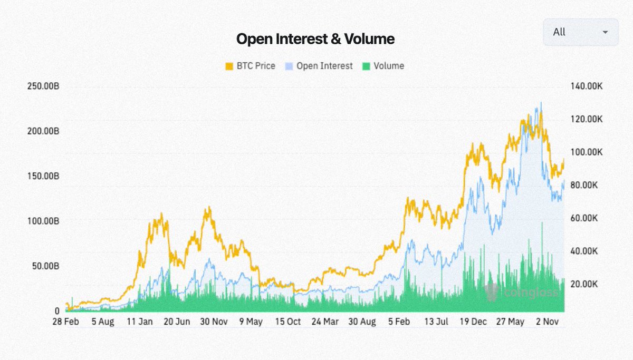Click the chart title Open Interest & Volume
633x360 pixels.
click(x=315, y=38)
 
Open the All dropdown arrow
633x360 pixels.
click(x=605, y=32)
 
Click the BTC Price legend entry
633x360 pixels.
click(x=251, y=66)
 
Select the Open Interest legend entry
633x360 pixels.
click(x=319, y=66)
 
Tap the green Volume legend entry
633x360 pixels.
click(x=383, y=66)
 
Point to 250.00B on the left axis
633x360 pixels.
click(x=43, y=86)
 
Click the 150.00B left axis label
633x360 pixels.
click(x=43, y=176)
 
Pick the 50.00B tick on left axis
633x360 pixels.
click(x=45, y=266)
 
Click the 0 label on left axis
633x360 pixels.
click(x=57, y=311)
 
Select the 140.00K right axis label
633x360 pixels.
click(x=587, y=86)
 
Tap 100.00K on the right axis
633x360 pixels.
click(x=587, y=152)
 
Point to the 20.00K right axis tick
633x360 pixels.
click(x=584, y=284)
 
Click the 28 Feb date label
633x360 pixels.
click(x=65, y=322)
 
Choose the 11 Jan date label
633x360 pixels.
click(x=140, y=322)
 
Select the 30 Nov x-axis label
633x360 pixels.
click(x=214, y=322)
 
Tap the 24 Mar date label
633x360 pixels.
click(x=325, y=322)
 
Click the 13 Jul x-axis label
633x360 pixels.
click(x=436, y=322)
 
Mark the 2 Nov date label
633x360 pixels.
click(x=548, y=322)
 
